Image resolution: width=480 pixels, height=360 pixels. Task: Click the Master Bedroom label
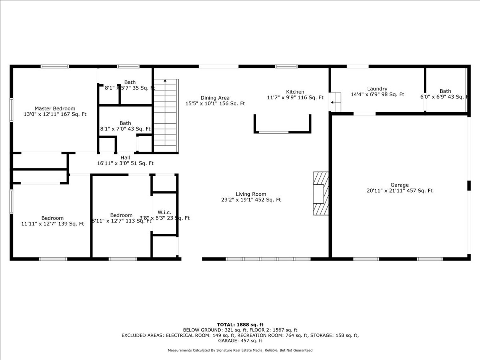(x=55, y=108)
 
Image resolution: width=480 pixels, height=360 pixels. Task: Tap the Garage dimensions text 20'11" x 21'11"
(x=399, y=191)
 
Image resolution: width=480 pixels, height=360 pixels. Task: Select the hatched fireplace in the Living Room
(x=321, y=193)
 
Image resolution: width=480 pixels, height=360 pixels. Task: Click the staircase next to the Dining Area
(x=165, y=116)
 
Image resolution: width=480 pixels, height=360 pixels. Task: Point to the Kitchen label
(x=295, y=92)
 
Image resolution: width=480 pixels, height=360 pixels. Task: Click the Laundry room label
(x=377, y=89)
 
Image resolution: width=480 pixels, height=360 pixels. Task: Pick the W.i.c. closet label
(x=164, y=212)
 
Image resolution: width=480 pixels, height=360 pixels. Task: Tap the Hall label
(x=125, y=158)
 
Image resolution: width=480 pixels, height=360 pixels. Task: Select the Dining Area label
(x=215, y=98)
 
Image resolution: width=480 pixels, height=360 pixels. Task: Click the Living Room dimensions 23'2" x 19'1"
(x=251, y=200)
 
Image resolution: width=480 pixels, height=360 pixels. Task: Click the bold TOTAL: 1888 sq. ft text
(x=240, y=324)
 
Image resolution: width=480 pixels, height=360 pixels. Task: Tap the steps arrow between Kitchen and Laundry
(x=332, y=102)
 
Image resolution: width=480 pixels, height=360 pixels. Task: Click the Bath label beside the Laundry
(x=445, y=91)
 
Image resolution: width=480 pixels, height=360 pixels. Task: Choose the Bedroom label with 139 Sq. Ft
(x=52, y=218)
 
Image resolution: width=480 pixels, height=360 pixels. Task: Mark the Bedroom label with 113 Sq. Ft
(x=121, y=215)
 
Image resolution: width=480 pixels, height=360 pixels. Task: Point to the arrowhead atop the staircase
(x=165, y=81)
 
